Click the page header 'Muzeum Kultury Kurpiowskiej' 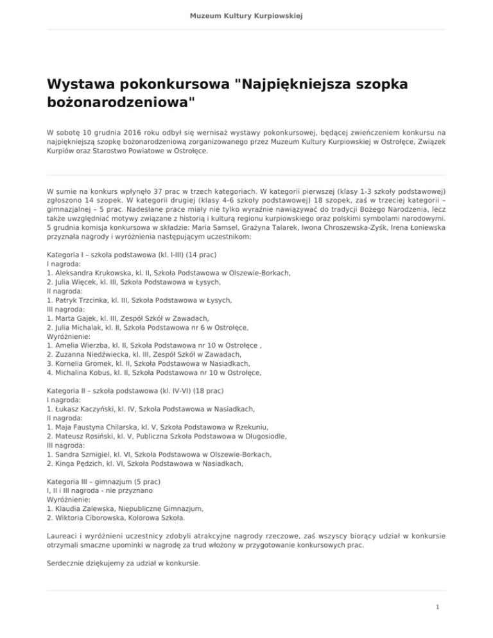(x=246, y=15)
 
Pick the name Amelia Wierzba (x=80, y=344)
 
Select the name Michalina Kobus (x=83, y=371)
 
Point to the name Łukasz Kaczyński (x=86, y=408)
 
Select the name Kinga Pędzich (x=80, y=461)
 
